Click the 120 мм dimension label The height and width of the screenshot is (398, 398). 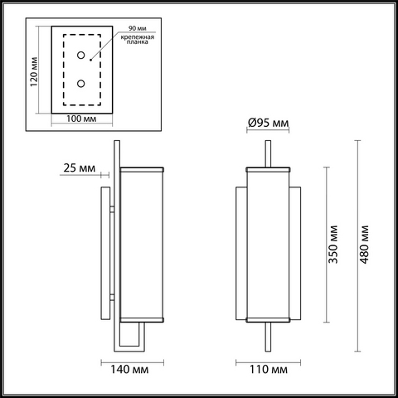(34, 72)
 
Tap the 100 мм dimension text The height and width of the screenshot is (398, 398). (81, 119)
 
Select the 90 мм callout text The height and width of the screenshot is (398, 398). (138, 28)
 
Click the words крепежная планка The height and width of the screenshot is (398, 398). (138, 39)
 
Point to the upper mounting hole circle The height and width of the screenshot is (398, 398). (80, 56)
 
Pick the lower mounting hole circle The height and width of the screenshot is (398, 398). (80, 83)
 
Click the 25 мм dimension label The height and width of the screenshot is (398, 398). (80, 167)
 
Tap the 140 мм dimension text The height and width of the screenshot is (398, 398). (129, 369)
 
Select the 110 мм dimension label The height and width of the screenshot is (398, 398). (269, 369)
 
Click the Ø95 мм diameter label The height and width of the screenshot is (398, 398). (268, 123)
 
